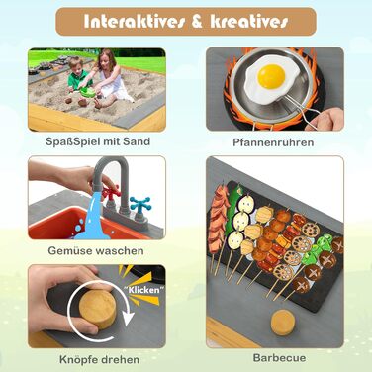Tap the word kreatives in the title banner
249,22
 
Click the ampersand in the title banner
197,22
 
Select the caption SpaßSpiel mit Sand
98,141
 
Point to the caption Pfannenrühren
273,142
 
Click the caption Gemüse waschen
96,250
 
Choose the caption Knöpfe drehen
99,359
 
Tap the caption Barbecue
279,358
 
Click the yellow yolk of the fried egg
271,76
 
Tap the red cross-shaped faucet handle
111,193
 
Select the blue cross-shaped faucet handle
140,205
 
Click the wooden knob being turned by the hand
98,310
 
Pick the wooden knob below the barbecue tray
283,323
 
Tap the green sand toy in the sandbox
88,92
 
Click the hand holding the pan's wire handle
326,119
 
